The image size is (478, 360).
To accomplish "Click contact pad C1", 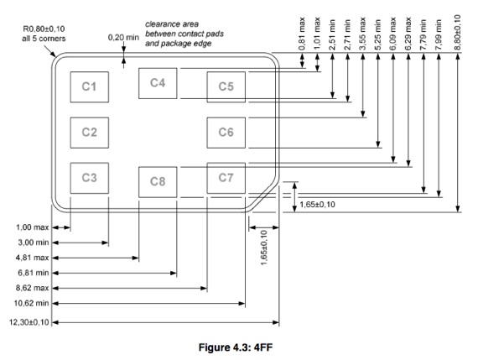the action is click(90, 87).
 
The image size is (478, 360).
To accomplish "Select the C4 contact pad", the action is click(158, 83).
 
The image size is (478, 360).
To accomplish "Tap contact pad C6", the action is click(226, 133).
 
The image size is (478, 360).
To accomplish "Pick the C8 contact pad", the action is click(158, 182).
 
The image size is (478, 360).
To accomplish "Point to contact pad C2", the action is click(90, 133).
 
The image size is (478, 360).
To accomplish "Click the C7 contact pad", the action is click(226, 178).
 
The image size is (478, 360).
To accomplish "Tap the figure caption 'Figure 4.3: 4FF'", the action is click(236, 347).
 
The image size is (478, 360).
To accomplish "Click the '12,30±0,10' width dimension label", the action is click(29, 322).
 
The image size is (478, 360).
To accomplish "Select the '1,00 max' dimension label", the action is click(33, 227).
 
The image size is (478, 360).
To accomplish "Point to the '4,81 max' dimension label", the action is click(33, 258).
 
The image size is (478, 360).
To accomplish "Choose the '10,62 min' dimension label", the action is click(31, 303).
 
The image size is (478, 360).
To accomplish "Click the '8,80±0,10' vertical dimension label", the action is click(458, 32).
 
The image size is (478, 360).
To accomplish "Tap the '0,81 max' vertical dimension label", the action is click(302, 34).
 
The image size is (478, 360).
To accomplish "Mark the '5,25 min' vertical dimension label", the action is click(378, 34).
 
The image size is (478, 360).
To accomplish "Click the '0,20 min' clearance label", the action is click(123, 38).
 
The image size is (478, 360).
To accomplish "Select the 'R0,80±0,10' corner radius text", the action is click(44, 29).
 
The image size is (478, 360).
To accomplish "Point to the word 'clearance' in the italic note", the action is click(159, 24).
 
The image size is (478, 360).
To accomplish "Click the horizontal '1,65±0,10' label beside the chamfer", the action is click(317, 205).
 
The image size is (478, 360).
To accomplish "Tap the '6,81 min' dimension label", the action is click(34, 273).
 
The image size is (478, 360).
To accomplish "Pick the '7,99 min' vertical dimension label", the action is click(439, 34).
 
